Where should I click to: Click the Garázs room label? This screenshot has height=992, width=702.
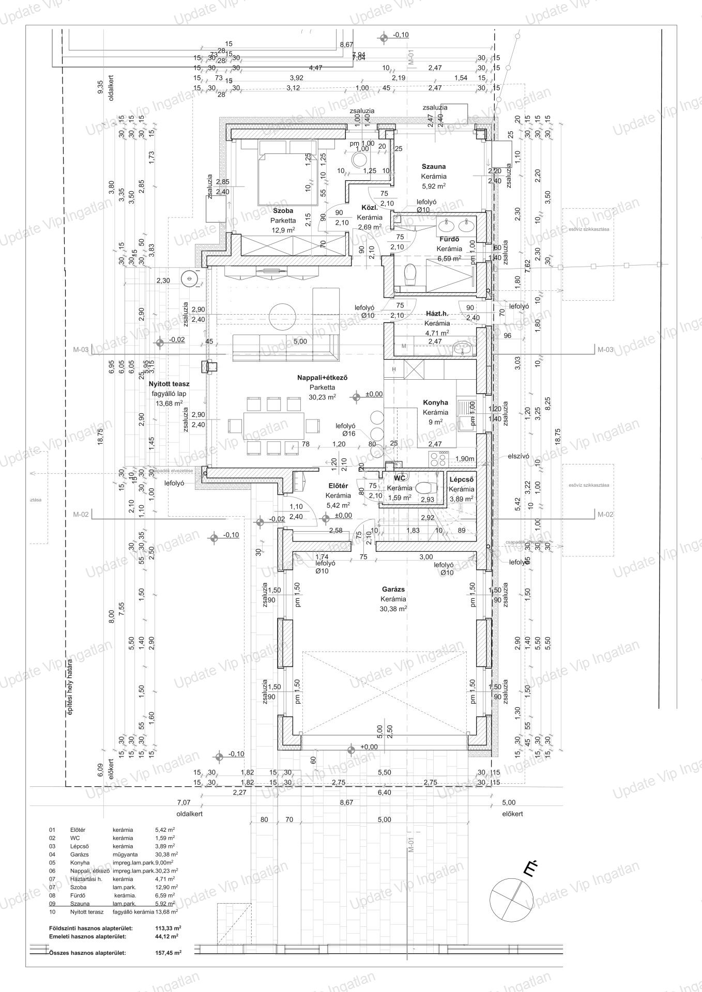pyautogui.click(x=393, y=589)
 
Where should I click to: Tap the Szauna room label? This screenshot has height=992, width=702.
pyautogui.click(x=433, y=167)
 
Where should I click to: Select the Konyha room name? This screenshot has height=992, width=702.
pyautogui.click(x=435, y=402)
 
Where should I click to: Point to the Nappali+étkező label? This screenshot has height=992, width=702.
pyautogui.click(x=322, y=378)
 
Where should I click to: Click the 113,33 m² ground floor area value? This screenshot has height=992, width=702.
pyautogui.click(x=166, y=927)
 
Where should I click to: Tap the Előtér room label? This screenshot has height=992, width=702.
pyautogui.click(x=339, y=486)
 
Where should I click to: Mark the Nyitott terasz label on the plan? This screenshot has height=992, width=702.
pyautogui.click(x=169, y=384)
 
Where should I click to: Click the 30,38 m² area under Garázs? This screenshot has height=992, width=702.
pyautogui.click(x=393, y=608)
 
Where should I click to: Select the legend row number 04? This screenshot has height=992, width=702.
pyautogui.click(x=52, y=855)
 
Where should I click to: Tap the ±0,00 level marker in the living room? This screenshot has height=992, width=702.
pyautogui.click(x=373, y=394)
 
